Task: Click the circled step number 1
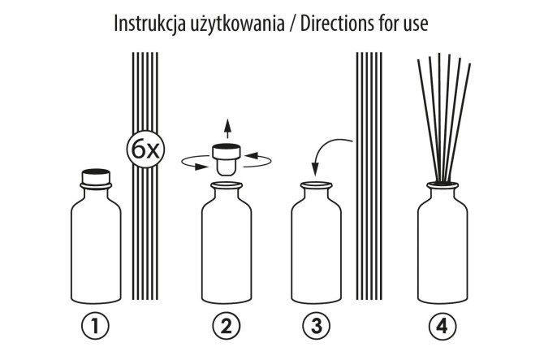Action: click(96, 326)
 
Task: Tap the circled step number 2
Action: click(227, 326)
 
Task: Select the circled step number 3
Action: click(315, 326)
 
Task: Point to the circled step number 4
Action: click(442, 326)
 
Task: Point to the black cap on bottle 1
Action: click(97, 174)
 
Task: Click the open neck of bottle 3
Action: click(316, 187)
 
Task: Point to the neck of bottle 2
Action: click(227, 193)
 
